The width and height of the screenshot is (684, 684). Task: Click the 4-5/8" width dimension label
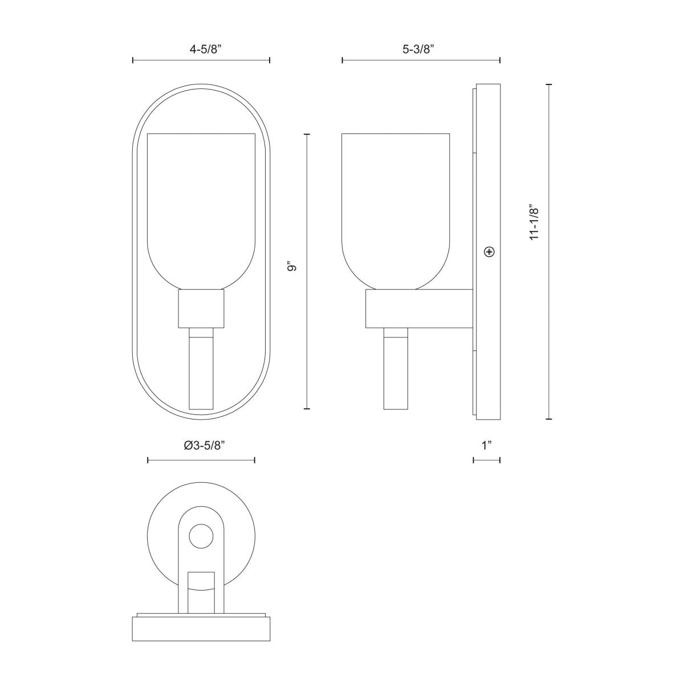pos(201,49)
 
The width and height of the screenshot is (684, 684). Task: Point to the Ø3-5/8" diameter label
pos(201,446)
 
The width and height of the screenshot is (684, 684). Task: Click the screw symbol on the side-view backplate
pos(488,251)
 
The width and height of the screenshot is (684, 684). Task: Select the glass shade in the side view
pos(396,205)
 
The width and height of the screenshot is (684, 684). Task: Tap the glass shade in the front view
pos(201,205)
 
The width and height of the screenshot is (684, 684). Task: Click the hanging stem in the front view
pos(201,370)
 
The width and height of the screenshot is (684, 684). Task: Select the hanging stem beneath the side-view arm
pos(396,370)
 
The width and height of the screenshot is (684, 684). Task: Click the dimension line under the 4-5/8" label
pos(201,60)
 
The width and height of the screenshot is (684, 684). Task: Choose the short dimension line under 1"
pos(486,460)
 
